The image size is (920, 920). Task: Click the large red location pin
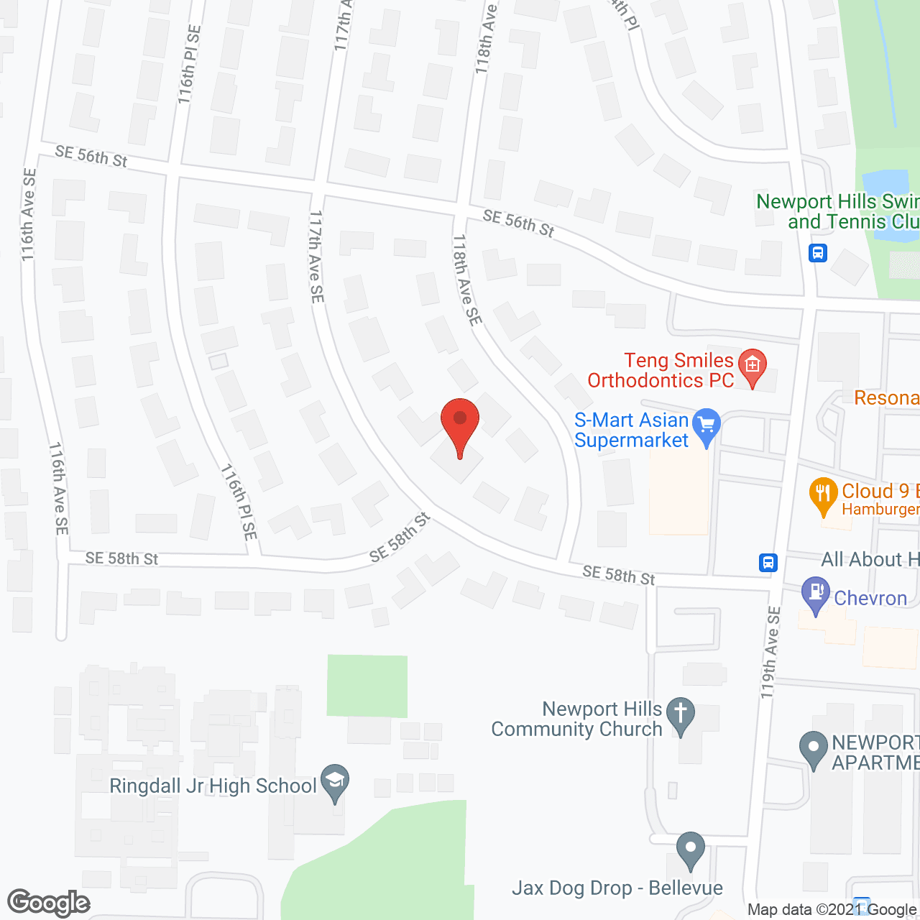coord(460,424)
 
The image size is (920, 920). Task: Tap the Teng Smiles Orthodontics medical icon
coord(752,367)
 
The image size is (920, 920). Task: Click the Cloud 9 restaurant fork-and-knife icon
coord(823,495)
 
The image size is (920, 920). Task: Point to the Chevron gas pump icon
coord(815,594)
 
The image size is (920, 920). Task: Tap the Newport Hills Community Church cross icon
coord(680,715)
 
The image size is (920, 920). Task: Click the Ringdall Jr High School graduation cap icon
coord(334,782)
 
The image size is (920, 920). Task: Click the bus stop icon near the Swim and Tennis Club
coord(818,253)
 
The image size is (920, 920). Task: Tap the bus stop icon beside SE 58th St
coord(768,562)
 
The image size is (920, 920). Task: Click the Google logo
coord(49,903)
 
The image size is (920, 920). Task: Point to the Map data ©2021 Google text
coord(832,910)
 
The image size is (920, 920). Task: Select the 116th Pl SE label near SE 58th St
coord(239,502)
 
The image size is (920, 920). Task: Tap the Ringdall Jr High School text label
coord(213,786)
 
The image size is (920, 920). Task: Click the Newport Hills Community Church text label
coord(576,719)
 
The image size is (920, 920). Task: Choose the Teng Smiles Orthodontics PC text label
coord(661,370)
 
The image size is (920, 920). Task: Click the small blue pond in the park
coord(885,184)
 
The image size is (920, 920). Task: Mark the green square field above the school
coord(367,686)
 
